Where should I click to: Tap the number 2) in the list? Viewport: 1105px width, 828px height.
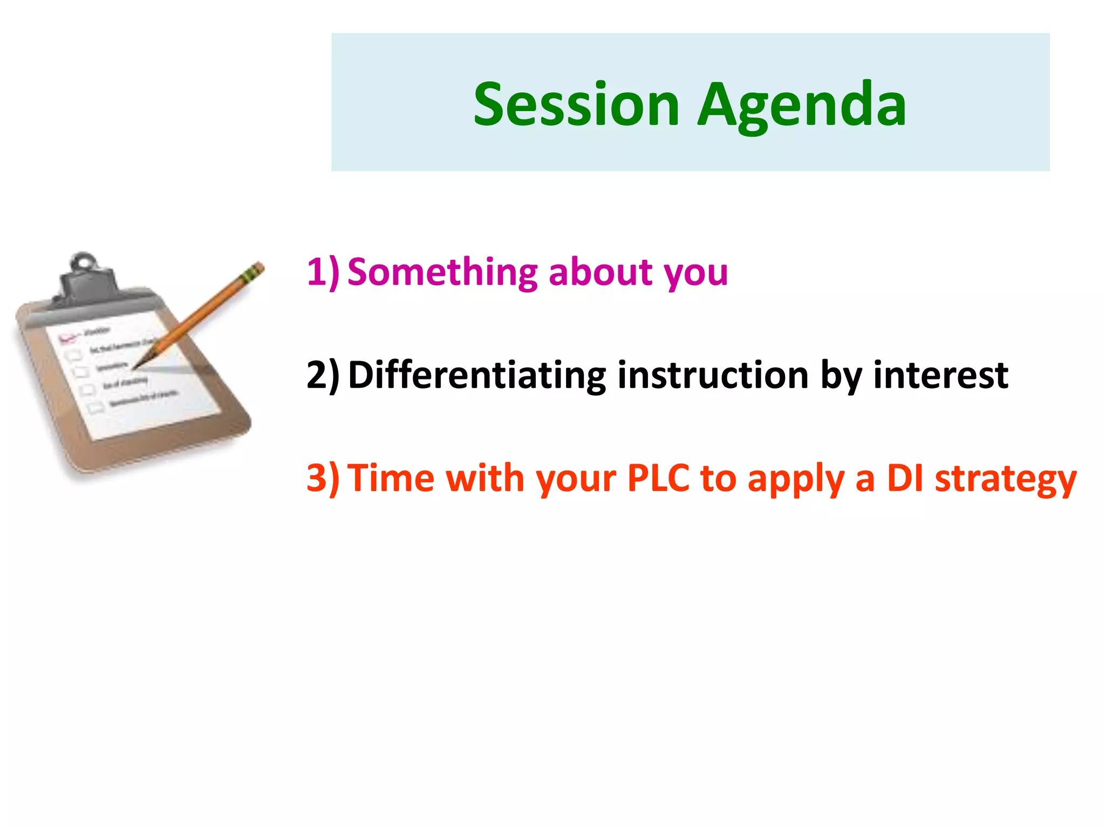pos(323,375)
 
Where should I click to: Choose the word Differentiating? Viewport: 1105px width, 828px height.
pos(477,375)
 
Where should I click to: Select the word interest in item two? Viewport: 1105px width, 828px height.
pos(940,375)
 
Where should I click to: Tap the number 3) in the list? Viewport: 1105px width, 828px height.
pos(323,478)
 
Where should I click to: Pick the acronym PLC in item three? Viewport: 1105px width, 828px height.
pos(658,478)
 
